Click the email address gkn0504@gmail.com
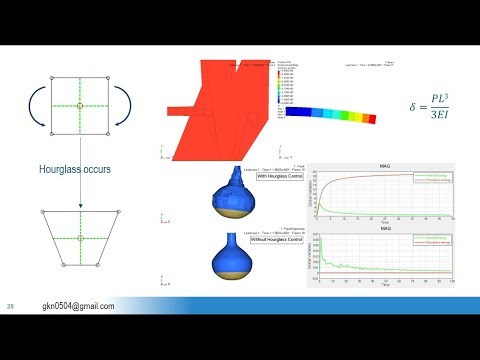click(x=78, y=305)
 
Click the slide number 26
click(x=11, y=305)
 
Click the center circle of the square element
click(x=79, y=104)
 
